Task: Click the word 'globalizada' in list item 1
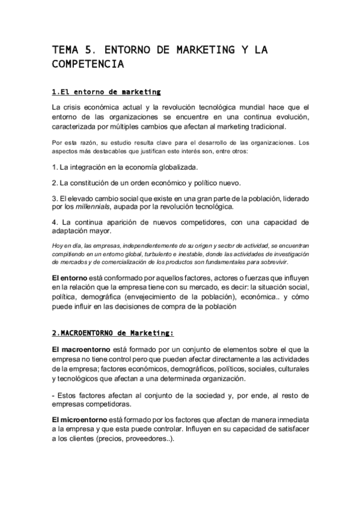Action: pyautogui.click(x=174, y=167)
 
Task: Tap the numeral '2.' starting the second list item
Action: pyautogui.click(x=55, y=182)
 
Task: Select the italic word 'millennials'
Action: pyautogui.click(x=92, y=207)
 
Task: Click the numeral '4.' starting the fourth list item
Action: pyautogui.click(x=55, y=222)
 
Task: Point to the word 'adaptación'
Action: pyautogui.click(x=71, y=231)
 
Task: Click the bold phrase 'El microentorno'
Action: pyautogui.click(x=79, y=419)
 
